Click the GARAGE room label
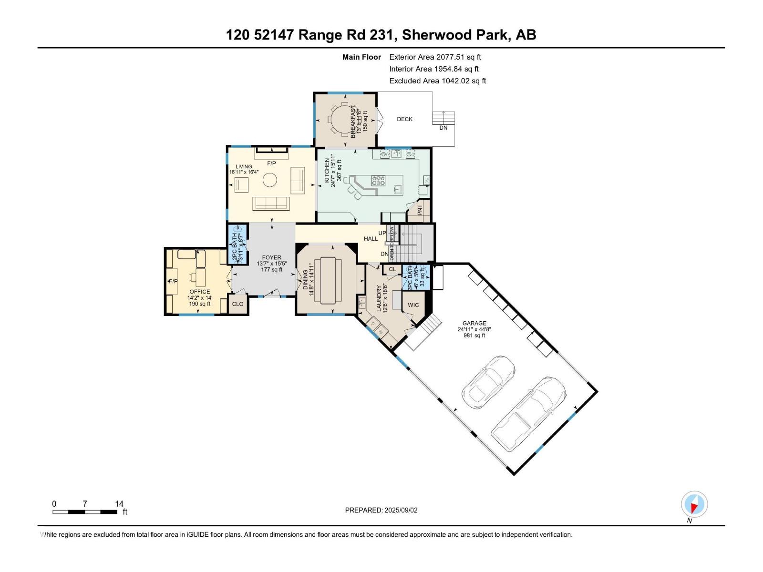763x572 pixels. (474, 324)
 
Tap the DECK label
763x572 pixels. (404, 119)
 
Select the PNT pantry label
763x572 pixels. (420, 209)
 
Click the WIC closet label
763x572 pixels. (413, 305)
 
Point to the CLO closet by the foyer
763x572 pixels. (237, 304)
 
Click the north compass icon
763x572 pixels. (694, 504)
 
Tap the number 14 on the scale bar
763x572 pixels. (119, 503)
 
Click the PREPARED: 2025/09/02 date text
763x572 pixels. (381, 510)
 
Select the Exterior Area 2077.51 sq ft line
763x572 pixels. (435, 57)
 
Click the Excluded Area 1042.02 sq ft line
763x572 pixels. (437, 81)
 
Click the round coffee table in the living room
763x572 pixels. (270, 180)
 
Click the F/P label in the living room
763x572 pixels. (271, 163)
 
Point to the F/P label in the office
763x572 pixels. (173, 281)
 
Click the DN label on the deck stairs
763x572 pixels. (443, 128)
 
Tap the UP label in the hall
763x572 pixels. (382, 233)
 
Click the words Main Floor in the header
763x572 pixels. (361, 57)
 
